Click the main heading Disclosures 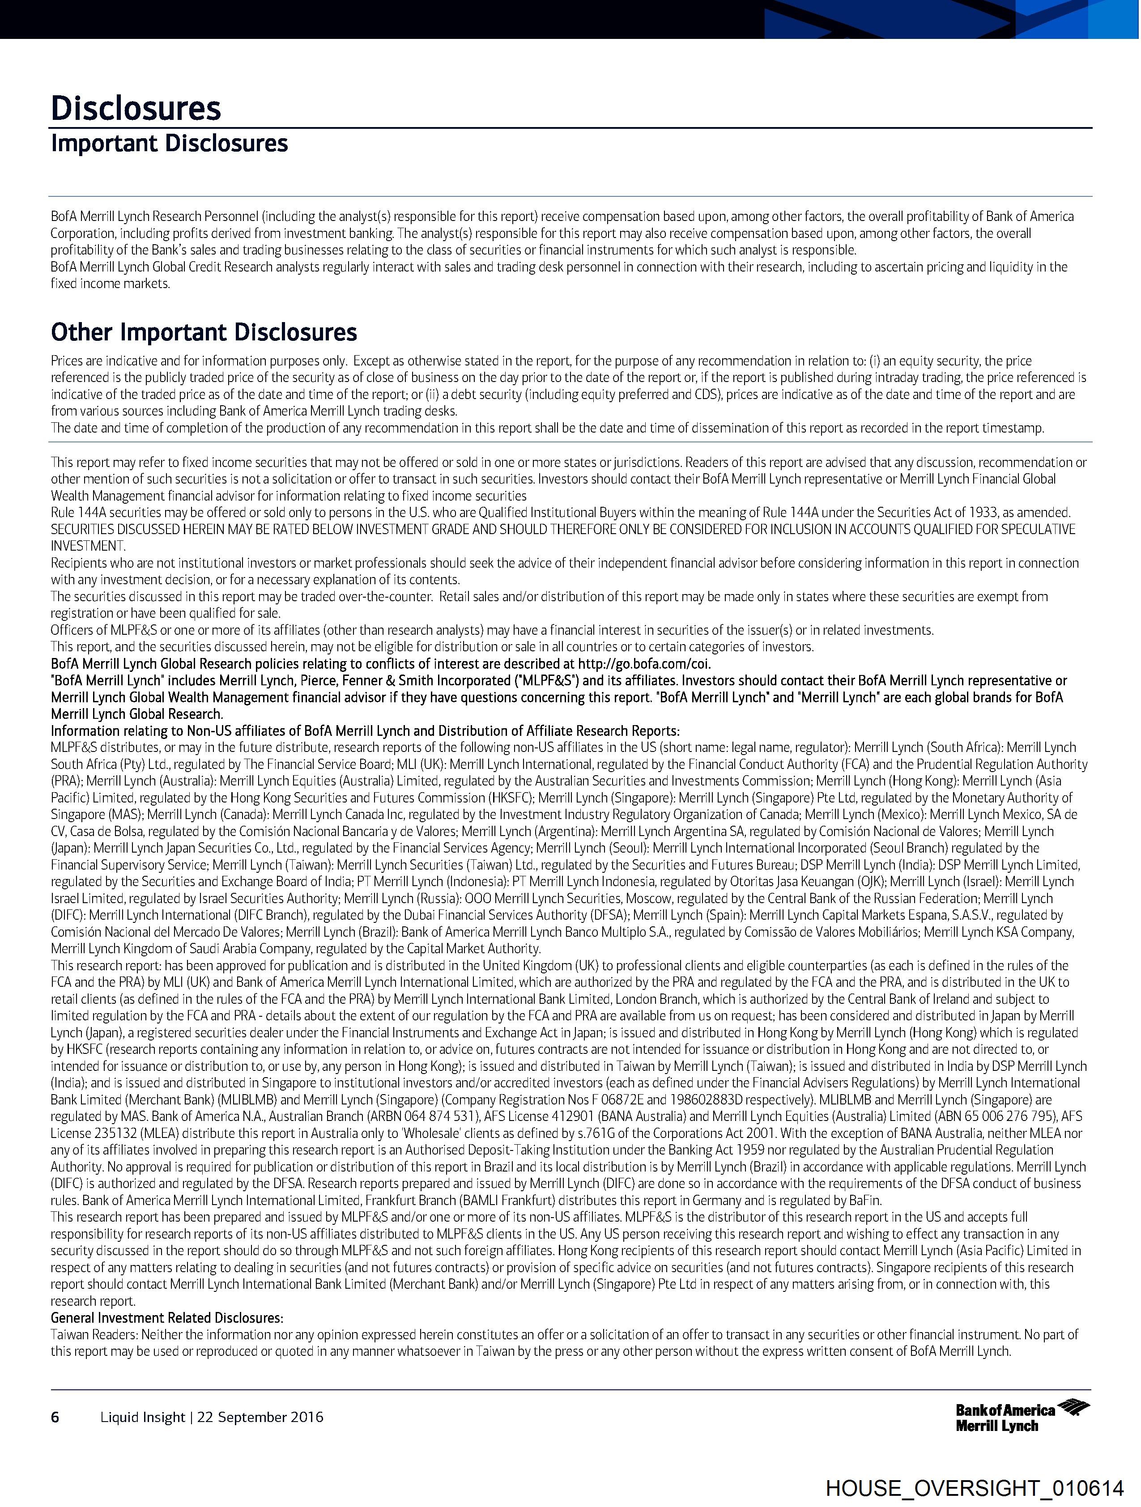(x=136, y=108)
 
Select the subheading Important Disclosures (x=169, y=144)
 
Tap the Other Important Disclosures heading (x=204, y=332)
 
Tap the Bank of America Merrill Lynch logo (x=1022, y=1417)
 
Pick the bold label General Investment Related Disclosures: (x=167, y=1318)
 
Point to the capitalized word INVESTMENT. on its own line (x=88, y=546)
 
